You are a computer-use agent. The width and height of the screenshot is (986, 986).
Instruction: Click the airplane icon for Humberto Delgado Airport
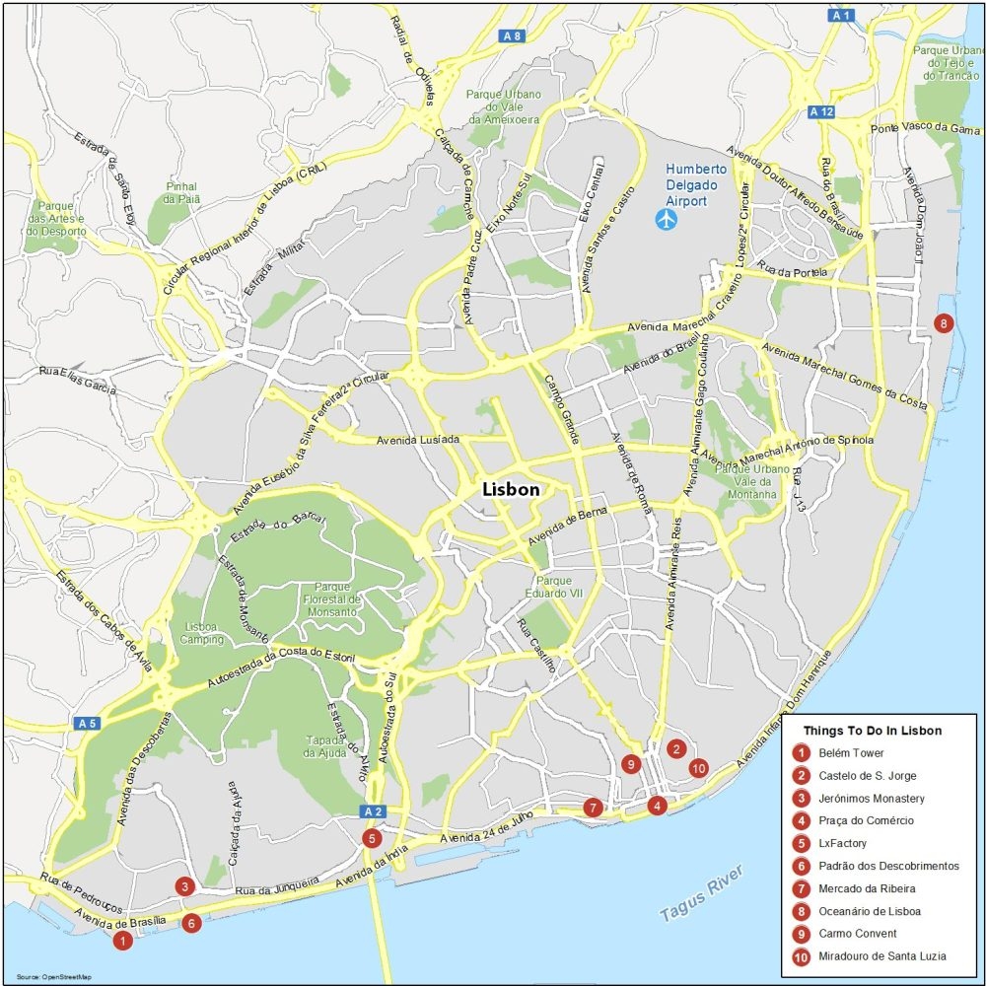click(x=668, y=219)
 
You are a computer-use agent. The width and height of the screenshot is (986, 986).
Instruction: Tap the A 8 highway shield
click(x=511, y=36)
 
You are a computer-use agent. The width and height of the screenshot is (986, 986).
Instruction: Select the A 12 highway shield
click(x=820, y=111)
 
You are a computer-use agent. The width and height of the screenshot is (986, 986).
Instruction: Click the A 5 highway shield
click(x=87, y=723)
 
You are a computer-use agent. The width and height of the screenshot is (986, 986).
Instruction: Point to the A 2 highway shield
click(x=371, y=811)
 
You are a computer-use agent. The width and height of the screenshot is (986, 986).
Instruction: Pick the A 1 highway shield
click(x=841, y=15)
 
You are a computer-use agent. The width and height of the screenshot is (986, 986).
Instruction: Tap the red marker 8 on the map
click(x=944, y=322)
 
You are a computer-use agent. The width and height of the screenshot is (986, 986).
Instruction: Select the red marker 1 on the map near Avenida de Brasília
click(x=122, y=942)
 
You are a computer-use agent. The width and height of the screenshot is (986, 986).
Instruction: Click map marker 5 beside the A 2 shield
click(x=372, y=838)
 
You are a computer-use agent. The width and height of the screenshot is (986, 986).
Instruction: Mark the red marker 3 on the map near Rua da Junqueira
click(x=184, y=886)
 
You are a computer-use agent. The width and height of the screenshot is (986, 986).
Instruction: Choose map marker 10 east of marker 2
click(x=698, y=768)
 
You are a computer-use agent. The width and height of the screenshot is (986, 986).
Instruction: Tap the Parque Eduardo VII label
click(x=548, y=588)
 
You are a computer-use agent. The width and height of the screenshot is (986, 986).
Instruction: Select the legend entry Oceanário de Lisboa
click(x=869, y=911)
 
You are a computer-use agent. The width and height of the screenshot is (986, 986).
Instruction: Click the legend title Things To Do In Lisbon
click(x=872, y=731)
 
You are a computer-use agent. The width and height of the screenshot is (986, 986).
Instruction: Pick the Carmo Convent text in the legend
click(x=857, y=934)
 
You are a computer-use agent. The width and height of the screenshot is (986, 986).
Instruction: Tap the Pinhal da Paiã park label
click(x=182, y=192)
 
